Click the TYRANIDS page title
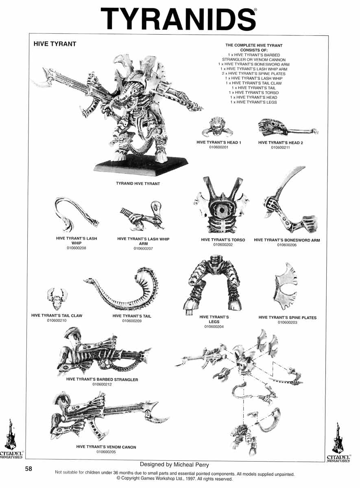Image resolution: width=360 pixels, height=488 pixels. [x=178, y=19]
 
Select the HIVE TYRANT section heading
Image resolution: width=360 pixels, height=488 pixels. [x=55, y=44]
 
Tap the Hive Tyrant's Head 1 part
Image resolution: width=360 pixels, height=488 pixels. [x=217, y=127]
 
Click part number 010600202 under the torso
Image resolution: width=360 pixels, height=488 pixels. [x=223, y=245]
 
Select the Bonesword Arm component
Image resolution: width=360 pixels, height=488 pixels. [x=290, y=200]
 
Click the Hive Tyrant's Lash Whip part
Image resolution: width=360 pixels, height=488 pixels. [x=76, y=215]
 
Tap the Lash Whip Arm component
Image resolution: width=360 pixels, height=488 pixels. [x=142, y=216]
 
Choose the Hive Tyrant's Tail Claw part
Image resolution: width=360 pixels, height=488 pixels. [x=57, y=298]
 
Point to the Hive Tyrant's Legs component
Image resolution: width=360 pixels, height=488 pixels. [x=214, y=284]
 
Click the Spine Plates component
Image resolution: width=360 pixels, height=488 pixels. [x=286, y=286]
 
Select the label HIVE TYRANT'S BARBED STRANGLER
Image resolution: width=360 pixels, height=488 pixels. [x=102, y=379]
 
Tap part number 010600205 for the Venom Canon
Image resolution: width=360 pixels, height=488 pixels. [x=106, y=452]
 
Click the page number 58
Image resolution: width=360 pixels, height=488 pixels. [x=28, y=468]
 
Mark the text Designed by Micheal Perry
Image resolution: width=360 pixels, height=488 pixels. [x=175, y=465]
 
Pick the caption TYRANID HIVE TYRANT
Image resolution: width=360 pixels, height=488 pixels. [x=138, y=184]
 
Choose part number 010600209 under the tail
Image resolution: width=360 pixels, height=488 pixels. [x=132, y=321]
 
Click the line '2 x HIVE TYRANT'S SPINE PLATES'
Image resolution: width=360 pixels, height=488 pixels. [x=254, y=74]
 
